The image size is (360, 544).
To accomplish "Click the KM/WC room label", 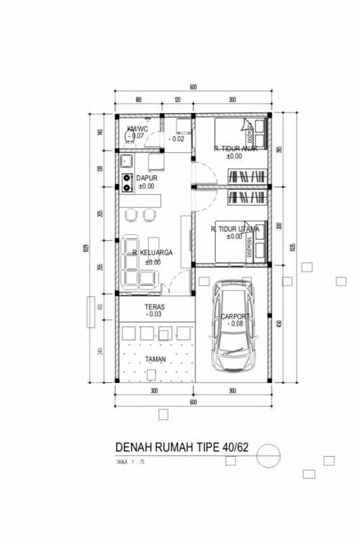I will pos(137,129).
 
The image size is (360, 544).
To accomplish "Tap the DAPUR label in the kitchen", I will pos(147,178).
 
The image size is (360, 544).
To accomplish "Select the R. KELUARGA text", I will pos(152,253).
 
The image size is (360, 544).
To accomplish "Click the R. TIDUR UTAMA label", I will pos(234,229).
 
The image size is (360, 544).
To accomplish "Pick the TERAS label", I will pos(154,307).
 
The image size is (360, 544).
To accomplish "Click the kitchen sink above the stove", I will pos(127,161).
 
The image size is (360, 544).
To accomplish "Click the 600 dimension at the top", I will pos(193,87).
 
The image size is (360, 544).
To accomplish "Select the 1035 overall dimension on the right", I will pos(292,247).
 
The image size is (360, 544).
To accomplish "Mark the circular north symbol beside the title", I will pos(269,455).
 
